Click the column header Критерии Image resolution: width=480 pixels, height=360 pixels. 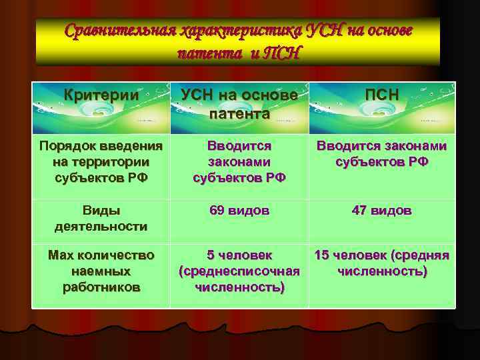tap(101, 95)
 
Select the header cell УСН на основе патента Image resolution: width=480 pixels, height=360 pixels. tap(239, 105)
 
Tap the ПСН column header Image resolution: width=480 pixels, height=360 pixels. tap(382, 95)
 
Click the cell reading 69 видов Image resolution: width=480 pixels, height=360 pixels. tap(239, 211)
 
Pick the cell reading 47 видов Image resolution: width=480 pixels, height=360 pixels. tap(382, 211)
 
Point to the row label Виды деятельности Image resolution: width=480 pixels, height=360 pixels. tap(101, 219)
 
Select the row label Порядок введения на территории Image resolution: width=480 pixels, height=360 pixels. tap(101, 162)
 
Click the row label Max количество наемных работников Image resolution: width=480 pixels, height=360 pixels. tap(101, 271)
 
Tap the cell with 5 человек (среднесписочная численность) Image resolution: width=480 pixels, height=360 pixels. tap(239, 271)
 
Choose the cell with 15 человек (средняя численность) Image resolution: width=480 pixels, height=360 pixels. tap(382, 263)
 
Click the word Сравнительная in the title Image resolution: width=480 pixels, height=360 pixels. tap(120, 31)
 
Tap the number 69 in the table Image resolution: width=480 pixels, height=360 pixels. tap(217, 211)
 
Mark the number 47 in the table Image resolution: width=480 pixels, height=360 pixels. tap(360, 211)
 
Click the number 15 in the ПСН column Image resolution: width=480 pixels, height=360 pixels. tap(323, 255)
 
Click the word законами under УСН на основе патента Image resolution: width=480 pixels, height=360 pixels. tap(239, 162)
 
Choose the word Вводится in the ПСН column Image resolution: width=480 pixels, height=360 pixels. tap(344, 146)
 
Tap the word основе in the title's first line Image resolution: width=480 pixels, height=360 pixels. tap(387, 31)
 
